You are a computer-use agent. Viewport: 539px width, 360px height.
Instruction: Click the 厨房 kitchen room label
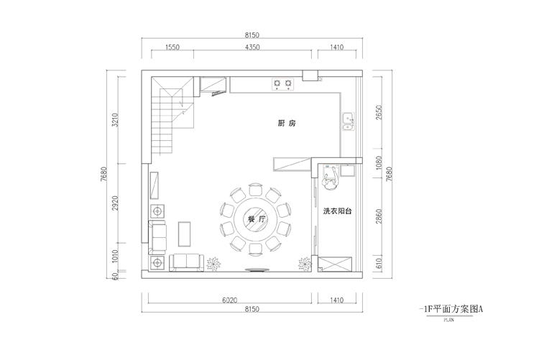(x=287, y=123)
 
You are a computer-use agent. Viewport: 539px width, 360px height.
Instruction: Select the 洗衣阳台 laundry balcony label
(x=337, y=211)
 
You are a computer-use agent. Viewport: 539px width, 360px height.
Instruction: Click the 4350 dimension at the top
(x=252, y=47)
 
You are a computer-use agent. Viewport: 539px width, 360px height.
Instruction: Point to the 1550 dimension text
(x=172, y=47)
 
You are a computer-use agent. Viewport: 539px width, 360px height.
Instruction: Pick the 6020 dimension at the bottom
(x=230, y=300)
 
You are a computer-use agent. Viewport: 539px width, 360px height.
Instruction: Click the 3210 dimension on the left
(x=115, y=120)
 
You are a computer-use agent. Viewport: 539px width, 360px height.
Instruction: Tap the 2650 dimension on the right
(x=379, y=112)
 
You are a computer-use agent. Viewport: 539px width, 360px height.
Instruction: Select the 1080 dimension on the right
(x=379, y=163)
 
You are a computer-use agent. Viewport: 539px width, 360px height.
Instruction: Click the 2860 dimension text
(x=379, y=216)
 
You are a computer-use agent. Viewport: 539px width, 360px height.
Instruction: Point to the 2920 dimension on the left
(x=115, y=203)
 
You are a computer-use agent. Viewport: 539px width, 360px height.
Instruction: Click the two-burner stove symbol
(x=283, y=84)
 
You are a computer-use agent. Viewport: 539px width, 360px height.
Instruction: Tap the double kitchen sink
(x=349, y=121)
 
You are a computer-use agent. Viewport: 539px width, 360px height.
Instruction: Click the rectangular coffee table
(x=184, y=234)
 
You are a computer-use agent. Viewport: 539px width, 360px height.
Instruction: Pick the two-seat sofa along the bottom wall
(x=186, y=263)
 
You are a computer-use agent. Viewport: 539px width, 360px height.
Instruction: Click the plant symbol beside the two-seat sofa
(x=213, y=264)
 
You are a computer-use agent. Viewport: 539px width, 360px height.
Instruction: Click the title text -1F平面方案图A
(x=451, y=309)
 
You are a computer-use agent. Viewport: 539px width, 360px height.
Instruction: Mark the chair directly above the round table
(x=255, y=190)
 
